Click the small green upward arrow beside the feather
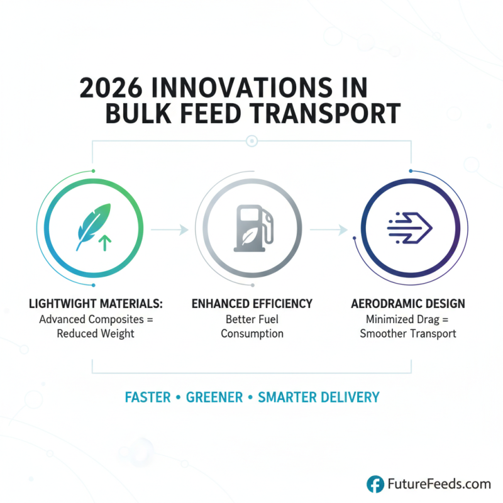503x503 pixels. coord(104,241)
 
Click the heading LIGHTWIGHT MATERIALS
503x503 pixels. coord(96,304)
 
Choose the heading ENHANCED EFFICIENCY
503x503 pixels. coord(251,304)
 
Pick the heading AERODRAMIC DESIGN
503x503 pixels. coord(407,304)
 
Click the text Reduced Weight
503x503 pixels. coord(96,333)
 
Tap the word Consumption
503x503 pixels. coord(251,333)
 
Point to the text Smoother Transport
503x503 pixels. coord(407,333)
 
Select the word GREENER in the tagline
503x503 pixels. coord(214,397)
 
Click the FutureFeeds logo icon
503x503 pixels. coord(375,484)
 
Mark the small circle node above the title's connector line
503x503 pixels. coord(251,141)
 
